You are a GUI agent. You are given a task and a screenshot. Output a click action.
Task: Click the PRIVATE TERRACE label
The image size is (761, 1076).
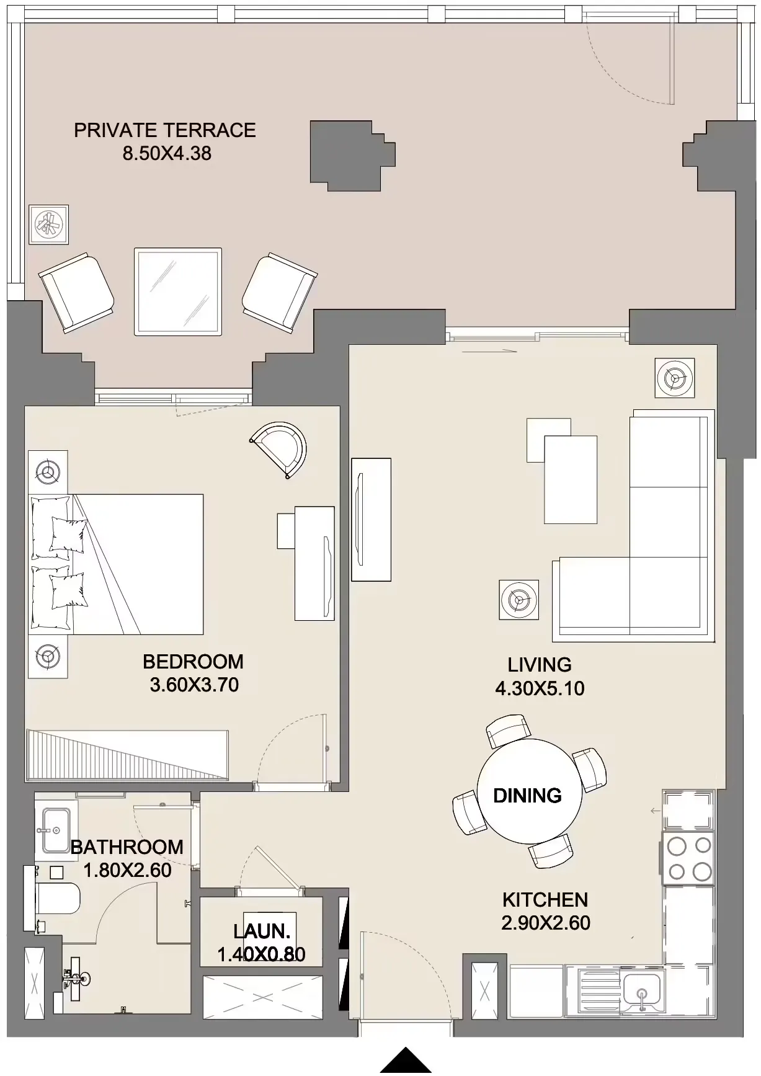coord(165,130)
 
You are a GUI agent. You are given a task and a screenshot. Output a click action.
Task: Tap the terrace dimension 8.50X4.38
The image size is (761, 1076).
coord(167,153)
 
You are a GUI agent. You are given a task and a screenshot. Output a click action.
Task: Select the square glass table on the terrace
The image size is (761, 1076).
coord(178,291)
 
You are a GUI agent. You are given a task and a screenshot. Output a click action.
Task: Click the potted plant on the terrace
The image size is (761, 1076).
coord(49,224)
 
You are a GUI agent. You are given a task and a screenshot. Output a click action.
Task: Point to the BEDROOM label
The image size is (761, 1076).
coord(193,662)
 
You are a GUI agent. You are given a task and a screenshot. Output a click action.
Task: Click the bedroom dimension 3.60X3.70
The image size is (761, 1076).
coord(194,685)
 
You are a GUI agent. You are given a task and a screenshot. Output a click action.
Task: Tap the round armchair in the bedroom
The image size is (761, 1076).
coord(280,450)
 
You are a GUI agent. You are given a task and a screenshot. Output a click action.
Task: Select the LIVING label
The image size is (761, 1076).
coord(540,665)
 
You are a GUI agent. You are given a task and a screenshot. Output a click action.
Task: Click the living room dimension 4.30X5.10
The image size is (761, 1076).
coord(540,688)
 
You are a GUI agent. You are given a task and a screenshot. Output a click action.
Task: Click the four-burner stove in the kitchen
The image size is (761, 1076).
coord(688,858)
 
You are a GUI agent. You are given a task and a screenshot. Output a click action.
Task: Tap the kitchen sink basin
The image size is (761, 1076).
coord(643,993)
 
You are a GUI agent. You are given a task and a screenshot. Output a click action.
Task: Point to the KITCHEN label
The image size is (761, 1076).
coord(545,900)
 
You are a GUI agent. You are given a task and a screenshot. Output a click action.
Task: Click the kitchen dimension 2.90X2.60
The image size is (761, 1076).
coord(546,923)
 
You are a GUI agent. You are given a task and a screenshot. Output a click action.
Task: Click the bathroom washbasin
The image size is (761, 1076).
coord(56,830)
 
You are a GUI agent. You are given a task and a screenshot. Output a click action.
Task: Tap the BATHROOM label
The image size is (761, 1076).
coord(127,847)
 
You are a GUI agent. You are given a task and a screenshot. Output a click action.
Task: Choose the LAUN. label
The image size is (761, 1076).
coord(262,931)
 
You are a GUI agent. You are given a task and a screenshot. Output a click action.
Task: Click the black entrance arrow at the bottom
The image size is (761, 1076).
coord(406,1061)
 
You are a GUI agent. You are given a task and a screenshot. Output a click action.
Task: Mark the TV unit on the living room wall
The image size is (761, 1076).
coord(371,520)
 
